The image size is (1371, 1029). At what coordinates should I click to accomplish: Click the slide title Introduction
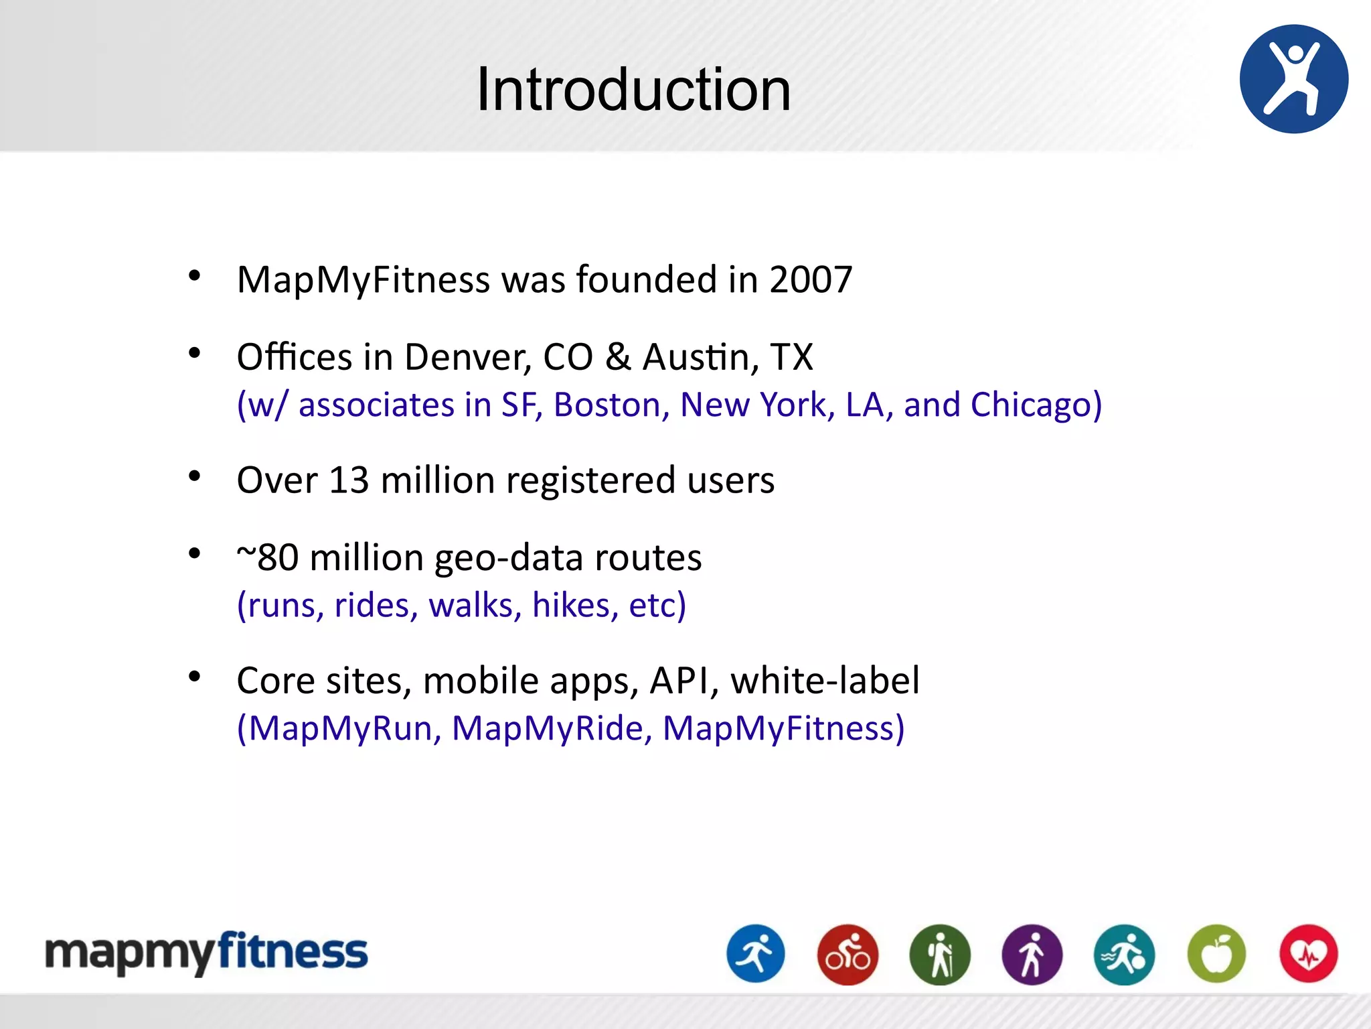click(633, 90)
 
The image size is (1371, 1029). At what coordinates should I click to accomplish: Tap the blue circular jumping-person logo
click(1293, 79)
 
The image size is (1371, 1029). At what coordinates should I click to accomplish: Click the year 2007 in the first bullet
click(811, 279)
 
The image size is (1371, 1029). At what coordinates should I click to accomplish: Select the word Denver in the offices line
click(467, 356)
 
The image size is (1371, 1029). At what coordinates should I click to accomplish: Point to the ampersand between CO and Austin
click(618, 356)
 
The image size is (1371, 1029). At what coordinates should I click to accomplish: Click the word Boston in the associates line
click(611, 405)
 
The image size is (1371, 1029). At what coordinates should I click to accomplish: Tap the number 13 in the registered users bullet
click(349, 480)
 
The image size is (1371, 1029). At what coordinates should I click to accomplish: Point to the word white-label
click(825, 681)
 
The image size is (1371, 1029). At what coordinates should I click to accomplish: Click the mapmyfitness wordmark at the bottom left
click(206, 953)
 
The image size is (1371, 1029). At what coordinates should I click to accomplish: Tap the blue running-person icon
click(756, 954)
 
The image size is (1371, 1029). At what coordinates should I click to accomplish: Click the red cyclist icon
click(848, 954)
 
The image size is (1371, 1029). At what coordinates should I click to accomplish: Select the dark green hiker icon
click(940, 954)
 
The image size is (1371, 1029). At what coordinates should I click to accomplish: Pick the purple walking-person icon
click(1032, 954)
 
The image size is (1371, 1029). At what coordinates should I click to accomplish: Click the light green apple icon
click(1216, 954)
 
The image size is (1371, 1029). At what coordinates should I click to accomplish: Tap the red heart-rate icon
click(1308, 954)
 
